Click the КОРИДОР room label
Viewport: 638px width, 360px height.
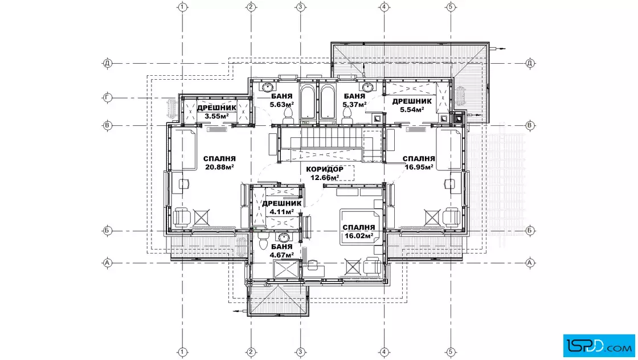(324, 169)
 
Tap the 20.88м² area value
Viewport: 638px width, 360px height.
(220, 167)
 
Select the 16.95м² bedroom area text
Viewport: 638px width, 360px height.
(419, 166)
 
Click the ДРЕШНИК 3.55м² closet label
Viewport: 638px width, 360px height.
(216, 112)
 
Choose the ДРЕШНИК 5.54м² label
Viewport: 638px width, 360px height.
(412, 105)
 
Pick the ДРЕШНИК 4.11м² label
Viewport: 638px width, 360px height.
(281, 207)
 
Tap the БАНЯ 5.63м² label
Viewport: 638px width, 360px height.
(281, 100)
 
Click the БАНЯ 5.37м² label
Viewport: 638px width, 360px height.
(354, 100)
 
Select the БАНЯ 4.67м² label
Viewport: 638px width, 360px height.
(281, 251)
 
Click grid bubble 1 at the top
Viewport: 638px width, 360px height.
(183, 7)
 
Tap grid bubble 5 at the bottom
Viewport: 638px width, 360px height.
(451, 352)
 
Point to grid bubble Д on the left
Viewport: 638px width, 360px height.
(108, 63)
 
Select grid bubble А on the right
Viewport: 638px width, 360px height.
(530, 263)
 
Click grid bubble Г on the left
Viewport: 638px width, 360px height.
(108, 97)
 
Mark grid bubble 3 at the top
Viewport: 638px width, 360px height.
(300, 7)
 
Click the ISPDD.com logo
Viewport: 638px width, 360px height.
(599, 346)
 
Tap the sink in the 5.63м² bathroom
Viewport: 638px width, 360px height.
(268, 87)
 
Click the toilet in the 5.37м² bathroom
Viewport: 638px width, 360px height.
(347, 117)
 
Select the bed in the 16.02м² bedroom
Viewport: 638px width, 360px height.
(361, 227)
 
